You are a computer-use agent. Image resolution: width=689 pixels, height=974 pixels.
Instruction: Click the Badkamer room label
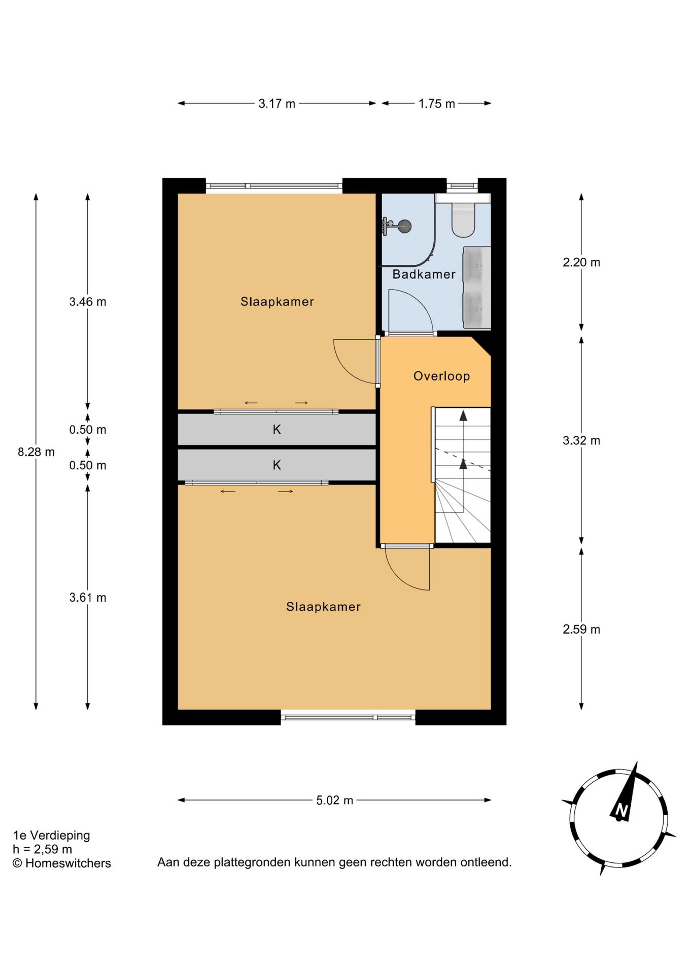click(424, 274)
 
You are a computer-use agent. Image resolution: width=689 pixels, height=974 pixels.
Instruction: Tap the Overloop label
click(441, 376)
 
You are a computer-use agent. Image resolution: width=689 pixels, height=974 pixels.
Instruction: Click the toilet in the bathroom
click(463, 219)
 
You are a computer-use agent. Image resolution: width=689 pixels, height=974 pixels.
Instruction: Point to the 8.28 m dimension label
click(36, 452)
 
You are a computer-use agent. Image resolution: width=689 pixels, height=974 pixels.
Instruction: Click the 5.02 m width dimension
click(334, 801)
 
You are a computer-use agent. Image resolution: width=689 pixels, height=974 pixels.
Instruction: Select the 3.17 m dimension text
click(277, 104)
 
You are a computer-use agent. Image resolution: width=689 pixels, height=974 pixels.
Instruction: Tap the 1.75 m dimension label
click(436, 104)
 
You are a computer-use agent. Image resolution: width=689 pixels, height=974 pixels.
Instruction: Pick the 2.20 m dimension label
click(581, 262)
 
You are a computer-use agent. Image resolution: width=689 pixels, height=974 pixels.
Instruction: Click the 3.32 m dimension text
click(581, 440)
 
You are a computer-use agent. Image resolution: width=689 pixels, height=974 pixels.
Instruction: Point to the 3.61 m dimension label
click(88, 598)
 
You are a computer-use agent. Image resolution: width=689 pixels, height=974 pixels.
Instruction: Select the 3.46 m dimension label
click(88, 302)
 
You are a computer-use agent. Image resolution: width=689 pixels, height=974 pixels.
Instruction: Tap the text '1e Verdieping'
click(51, 835)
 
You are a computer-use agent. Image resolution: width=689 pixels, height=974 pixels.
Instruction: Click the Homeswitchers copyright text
click(61, 863)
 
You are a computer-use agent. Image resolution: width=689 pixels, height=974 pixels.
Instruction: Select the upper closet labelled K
click(277, 430)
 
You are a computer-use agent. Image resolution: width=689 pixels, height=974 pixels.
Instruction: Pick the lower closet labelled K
click(277, 465)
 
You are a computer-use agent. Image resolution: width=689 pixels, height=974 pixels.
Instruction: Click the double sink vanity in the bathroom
click(476, 288)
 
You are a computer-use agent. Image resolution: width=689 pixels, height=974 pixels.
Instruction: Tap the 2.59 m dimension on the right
click(581, 630)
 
